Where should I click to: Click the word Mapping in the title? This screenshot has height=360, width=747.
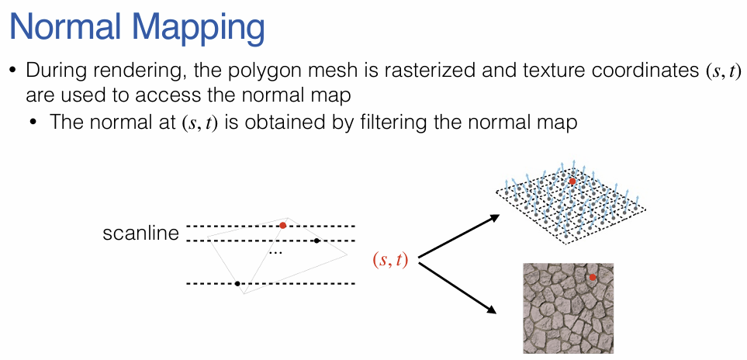(x=207, y=29)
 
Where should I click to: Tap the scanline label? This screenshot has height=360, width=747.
(x=140, y=233)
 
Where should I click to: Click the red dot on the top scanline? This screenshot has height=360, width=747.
(x=283, y=226)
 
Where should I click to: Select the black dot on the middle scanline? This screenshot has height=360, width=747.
(x=316, y=241)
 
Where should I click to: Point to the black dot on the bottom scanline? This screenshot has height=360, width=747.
(x=237, y=283)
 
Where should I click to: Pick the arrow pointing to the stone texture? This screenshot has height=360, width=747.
(x=458, y=287)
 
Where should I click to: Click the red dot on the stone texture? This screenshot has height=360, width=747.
(x=593, y=277)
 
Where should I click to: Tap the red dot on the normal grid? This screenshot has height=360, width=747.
(x=572, y=181)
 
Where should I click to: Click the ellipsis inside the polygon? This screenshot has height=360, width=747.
(x=275, y=253)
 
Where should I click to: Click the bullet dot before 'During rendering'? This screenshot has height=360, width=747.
(x=12, y=71)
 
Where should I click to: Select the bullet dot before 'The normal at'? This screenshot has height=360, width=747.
(x=34, y=123)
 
